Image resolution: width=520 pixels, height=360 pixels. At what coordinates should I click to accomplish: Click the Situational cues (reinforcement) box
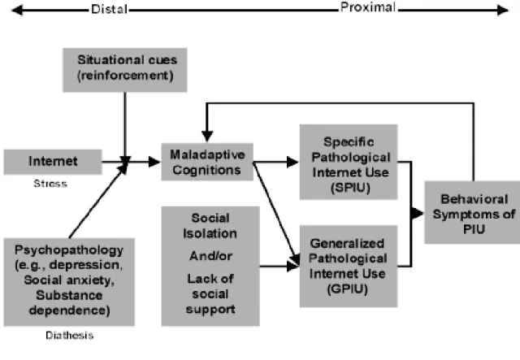pos(125,70)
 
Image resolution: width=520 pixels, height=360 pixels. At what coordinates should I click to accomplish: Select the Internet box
pos(53,162)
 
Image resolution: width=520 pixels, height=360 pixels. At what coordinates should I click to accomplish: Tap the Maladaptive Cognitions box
pos(207,162)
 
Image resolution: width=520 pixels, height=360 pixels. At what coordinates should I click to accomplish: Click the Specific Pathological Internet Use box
pos(349,162)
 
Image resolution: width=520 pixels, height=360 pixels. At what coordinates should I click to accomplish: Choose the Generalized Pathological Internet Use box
pos(349,266)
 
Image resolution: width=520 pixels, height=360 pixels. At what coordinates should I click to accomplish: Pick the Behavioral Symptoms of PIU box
pos(473,212)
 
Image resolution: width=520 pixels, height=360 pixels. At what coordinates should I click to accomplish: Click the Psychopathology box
pos(69,282)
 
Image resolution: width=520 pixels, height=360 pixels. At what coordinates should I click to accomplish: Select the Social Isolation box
pos(210,266)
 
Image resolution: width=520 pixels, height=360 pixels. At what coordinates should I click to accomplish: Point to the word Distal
pos(110,9)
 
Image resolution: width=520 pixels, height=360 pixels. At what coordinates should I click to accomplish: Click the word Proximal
pos(368,7)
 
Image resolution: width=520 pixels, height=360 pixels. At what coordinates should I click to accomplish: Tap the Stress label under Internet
pos(50,184)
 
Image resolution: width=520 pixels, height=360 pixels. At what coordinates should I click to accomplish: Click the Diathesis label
pos(70,336)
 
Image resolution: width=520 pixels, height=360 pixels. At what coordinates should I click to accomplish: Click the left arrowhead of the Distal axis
pos(17,11)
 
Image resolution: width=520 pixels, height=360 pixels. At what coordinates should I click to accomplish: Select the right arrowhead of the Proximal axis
pos(503,11)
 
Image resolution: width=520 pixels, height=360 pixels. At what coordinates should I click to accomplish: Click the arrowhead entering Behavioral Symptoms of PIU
pos(418,213)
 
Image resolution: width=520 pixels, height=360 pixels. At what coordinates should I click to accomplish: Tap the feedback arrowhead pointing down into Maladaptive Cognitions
pos(207,136)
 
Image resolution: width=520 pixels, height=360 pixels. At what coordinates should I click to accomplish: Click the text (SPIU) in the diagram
pos(350,188)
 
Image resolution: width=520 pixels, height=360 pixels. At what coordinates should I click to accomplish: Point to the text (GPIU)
pos(348,289)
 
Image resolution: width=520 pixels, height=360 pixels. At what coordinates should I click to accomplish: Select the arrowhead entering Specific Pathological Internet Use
pos(292,162)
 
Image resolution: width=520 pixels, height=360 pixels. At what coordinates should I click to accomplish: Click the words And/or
pos(210,256)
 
